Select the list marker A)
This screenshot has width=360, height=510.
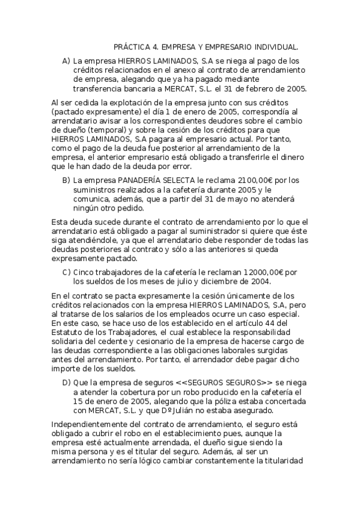coord(66,61)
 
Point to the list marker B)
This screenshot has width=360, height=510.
coord(66,180)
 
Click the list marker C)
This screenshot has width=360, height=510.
coord(66,272)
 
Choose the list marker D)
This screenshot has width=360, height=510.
coord(66,382)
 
